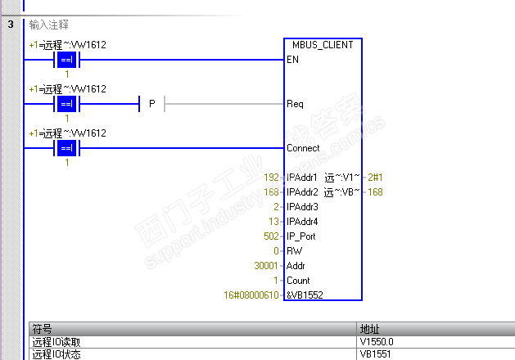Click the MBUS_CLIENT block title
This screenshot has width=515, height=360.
coord(322,45)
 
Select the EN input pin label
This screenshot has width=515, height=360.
coord(292,60)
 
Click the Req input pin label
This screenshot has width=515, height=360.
coord(295,104)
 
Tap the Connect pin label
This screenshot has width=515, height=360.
coord(303,148)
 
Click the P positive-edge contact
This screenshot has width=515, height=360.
coord(151,104)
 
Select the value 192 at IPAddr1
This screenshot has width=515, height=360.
coord(271,178)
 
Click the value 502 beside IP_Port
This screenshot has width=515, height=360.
coord(271,236)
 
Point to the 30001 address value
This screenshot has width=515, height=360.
coord(268,266)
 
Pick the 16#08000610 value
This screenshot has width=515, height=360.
coord(252,295)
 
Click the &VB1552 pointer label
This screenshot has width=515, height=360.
coord(305,295)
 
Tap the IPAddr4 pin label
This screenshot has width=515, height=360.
coord(301,222)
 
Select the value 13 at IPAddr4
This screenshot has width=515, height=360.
coord(273,222)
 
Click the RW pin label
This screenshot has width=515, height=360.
coord(294,251)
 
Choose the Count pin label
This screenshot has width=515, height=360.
coord(298,281)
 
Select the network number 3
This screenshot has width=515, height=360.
coord(11,25)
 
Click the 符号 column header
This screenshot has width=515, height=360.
coord(41,330)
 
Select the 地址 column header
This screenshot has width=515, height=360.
coord(370,330)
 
